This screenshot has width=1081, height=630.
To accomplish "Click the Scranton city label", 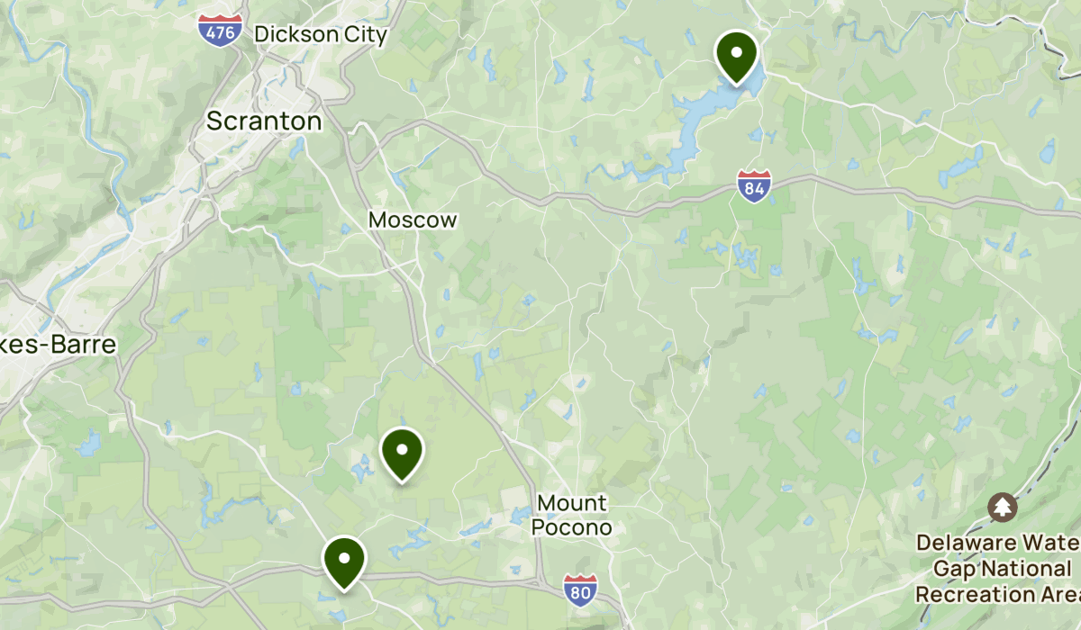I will point(264,121).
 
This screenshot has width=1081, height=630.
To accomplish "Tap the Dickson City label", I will point(321,35).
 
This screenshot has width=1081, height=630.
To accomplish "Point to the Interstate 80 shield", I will point(581,589).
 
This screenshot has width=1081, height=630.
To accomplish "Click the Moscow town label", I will point(413,220).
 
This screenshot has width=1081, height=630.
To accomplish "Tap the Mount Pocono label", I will point(572,515).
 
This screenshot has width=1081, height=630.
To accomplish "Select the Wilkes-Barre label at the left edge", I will point(58,345).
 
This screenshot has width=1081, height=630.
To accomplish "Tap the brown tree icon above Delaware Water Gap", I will point(1002,507).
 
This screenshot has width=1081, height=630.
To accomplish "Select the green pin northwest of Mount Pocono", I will point(403,452).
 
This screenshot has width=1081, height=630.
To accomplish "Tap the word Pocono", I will point(572,527).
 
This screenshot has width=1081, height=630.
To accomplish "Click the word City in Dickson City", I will point(365,35).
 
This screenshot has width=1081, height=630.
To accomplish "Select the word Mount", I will point(572,503).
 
